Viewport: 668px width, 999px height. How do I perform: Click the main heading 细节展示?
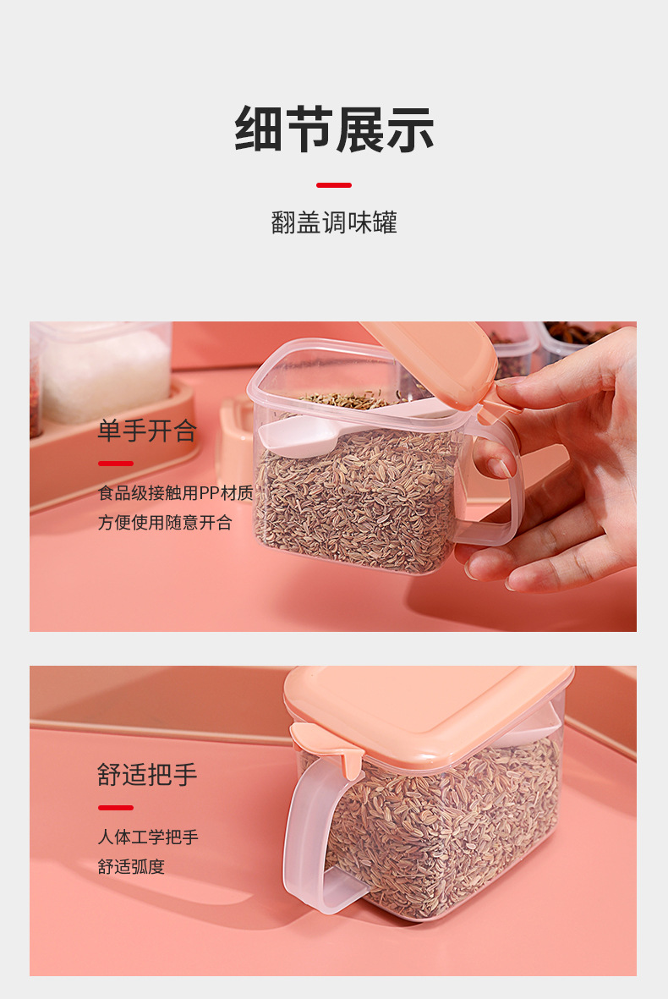pyautogui.click(x=334, y=129)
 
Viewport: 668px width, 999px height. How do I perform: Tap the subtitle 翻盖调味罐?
pyautogui.click(x=334, y=222)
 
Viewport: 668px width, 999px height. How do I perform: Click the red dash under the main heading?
pyautogui.click(x=334, y=184)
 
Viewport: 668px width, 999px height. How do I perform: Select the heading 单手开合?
pyautogui.click(x=147, y=431)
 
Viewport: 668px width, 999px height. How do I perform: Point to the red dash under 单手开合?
pyautogui.click(x=116, y=464)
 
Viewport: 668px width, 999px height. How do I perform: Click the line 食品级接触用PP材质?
pyautogui.click(x=176, y=493)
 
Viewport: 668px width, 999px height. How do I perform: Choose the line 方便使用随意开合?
pyautogui.click(x=165, y=523)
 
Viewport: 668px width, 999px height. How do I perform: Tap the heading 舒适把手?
pyautogui.click(x=147, y=775)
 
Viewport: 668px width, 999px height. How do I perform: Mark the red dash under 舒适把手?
pyautogui.click(x=116, y=807)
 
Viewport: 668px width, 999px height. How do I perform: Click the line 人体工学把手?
pyautogui.click(x=148, y=837)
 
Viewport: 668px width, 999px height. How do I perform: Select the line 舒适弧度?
pyautogui.click(x=131, y=867)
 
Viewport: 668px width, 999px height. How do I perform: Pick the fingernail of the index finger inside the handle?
pyautogui.click(x=500, y=468)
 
